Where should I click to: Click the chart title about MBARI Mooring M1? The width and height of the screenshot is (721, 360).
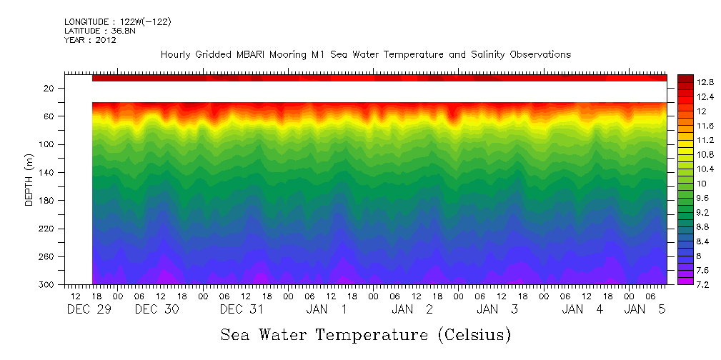click(365, 54)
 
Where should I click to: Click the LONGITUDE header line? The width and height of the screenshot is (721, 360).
click(117, 21)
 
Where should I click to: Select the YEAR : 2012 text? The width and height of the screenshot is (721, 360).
click(90, 40)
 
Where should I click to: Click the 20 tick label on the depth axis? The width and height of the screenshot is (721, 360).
click(49, 89)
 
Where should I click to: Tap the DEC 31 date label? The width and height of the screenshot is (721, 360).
click(242, 309)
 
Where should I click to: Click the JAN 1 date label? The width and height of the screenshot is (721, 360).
click(327, 309)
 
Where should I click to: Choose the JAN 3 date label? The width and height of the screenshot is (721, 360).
click(497, 309)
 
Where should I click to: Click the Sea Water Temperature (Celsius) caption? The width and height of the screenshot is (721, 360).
click(366, 334)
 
